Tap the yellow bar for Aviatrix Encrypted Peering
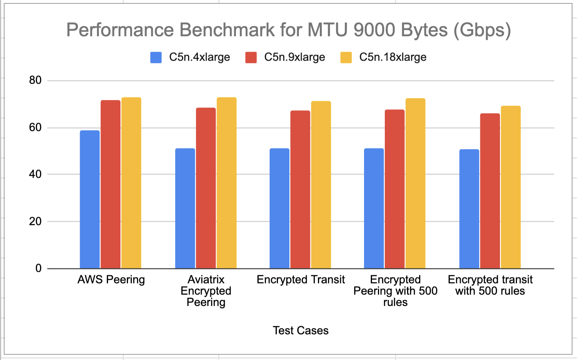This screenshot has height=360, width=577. click(227, 183)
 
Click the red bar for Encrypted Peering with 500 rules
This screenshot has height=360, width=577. click(395, 189)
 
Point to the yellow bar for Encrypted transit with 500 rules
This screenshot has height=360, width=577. click(511, 187)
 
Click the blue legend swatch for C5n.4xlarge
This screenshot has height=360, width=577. click(156, 57)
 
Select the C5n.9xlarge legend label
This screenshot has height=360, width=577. click(295, 57)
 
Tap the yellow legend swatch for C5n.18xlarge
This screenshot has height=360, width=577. click(346, 57)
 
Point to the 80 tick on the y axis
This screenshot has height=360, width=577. click(35, 80)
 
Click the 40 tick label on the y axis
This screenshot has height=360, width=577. click(35, 174)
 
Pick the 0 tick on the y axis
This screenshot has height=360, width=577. click(39, 268)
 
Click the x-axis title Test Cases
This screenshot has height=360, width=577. click(301, 331)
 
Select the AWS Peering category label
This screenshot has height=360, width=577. click(111, 280)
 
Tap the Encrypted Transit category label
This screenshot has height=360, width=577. click(301, 280)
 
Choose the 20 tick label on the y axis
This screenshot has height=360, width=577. click(35, 222)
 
